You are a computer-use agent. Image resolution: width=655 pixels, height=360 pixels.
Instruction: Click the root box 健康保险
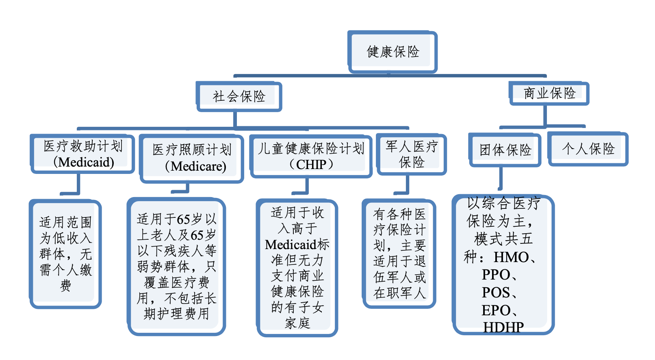pyautogui.click(x=393, y=52)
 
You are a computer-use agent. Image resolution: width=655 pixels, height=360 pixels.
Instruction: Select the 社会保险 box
pyautogui.click(x=239, y=96)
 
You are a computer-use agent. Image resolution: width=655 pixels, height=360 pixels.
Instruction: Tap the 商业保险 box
pyautogui.click(x=549, y=93)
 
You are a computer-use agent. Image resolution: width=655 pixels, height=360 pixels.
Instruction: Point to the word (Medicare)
pyautogui.click(x=195, y=166)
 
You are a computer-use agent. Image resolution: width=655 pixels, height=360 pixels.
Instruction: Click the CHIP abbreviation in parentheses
pyautogui.click(x=311, y=165)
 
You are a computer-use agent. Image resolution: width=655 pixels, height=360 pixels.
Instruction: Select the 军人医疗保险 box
pyautogui.click(x=412, y=154)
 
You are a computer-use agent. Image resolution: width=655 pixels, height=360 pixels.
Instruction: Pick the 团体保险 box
pyautogui.click(x=505, y=150)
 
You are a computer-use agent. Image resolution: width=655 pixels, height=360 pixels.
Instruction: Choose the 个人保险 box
pyautogui.click(x=588, y=149)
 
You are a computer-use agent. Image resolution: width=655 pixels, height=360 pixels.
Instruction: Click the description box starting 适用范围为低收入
pyautogui.click(x=65, y=254)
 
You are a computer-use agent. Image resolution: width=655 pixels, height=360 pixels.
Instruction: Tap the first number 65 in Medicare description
pyautogui.click(x=183, y=219)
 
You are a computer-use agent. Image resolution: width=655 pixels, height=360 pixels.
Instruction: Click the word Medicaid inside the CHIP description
pyautogui.click(x=291, y=245)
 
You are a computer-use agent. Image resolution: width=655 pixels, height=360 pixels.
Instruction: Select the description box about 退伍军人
pyautogui.click(x=399, y=254)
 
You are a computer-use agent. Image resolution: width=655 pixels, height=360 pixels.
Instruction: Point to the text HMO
pyautogui.click(x=511, y=257)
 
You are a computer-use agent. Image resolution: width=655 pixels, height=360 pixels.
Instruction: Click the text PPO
pyautogui.click(x=496, y=275)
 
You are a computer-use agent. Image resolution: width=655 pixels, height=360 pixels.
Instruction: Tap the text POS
pyautogui.click(x=496, y=293)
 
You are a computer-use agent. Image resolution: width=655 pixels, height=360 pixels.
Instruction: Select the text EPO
pyautogui.click(x=496, y=310)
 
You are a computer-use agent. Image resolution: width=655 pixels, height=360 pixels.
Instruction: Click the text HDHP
pyautogui.click(x=503, y=327)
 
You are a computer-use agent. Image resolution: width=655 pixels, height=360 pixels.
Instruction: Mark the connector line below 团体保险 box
pyautogui.click(x=501, y=179)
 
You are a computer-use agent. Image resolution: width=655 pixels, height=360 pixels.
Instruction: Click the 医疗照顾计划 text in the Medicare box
pyautogui.click(x=192, y=150)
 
